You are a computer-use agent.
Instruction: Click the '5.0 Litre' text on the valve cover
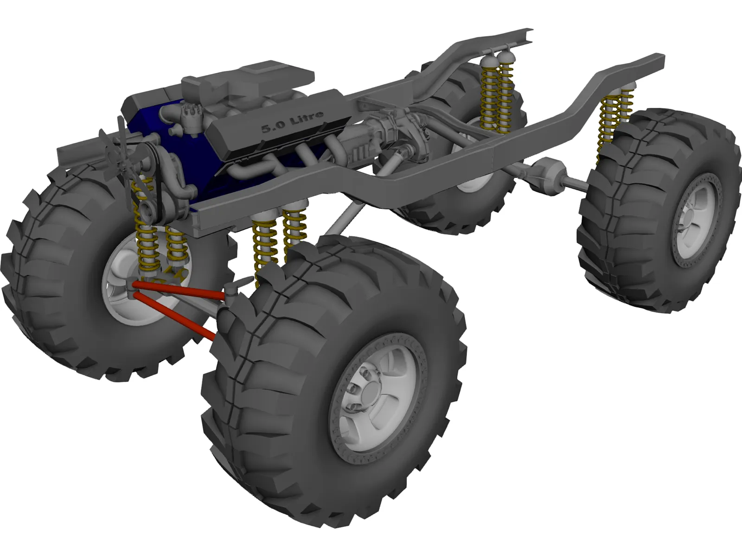[x=291, y=121]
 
